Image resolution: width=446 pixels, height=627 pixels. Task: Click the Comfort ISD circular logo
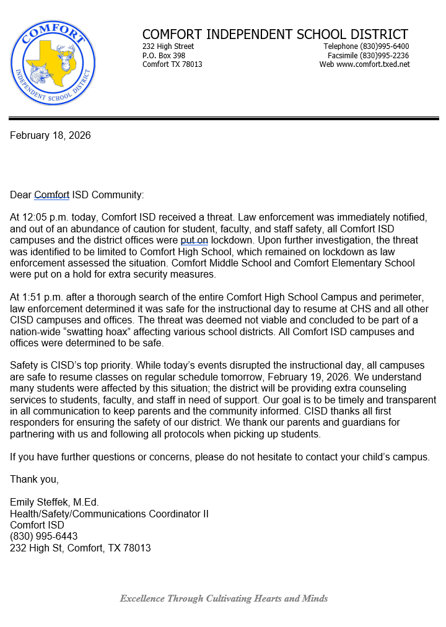[x=53, y=64]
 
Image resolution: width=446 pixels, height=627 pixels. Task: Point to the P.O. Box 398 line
[x=164, y=56]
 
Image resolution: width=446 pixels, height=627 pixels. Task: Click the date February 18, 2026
[x=50, y=135]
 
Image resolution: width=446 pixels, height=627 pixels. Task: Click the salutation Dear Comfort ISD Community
[x=77, y=195]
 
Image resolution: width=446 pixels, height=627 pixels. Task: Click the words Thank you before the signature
[x=35, y=480]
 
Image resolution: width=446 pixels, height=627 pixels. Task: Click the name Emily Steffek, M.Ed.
[x=55, y=502]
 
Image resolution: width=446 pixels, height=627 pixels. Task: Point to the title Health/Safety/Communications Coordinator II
[x=109, y=514]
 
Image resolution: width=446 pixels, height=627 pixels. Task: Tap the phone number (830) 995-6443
[x=43, y=537]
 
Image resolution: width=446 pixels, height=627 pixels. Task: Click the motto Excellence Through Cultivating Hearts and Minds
[x=224, y=598]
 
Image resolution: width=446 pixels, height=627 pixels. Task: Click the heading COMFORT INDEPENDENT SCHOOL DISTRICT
[x=275, y=35]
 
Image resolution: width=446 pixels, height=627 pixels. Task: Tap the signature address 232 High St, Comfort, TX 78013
[x=81, y=548]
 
